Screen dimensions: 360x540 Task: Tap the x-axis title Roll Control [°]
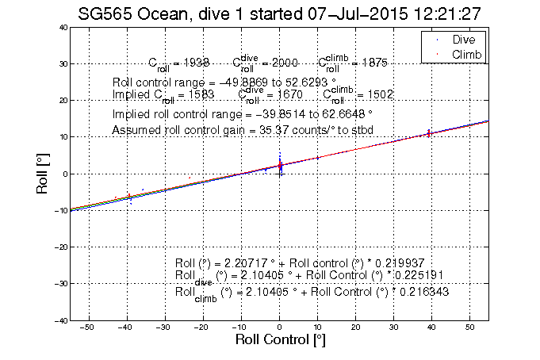pos(280,339)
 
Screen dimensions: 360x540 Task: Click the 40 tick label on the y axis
pos(60,27)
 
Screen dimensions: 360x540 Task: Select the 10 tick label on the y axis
pos(60,137)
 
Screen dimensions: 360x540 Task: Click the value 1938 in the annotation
pos(195,63)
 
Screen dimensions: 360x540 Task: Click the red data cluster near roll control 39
pos(428,133)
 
